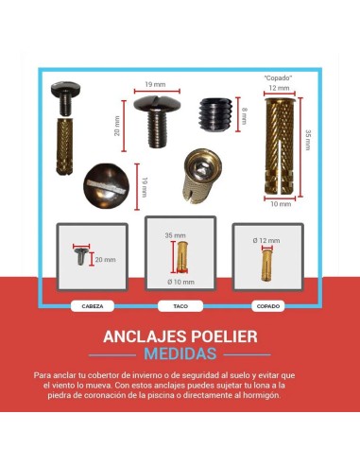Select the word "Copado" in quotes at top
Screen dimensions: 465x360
click(x=280, y=77)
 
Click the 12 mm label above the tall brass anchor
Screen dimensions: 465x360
click(x=280, y=87)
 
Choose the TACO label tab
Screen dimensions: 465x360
click(x=180, y=306)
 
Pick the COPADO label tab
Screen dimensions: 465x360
click(x=268, y=306)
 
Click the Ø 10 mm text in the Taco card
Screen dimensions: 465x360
click(x=180, y=282)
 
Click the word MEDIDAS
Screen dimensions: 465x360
click(x=180, y=354)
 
